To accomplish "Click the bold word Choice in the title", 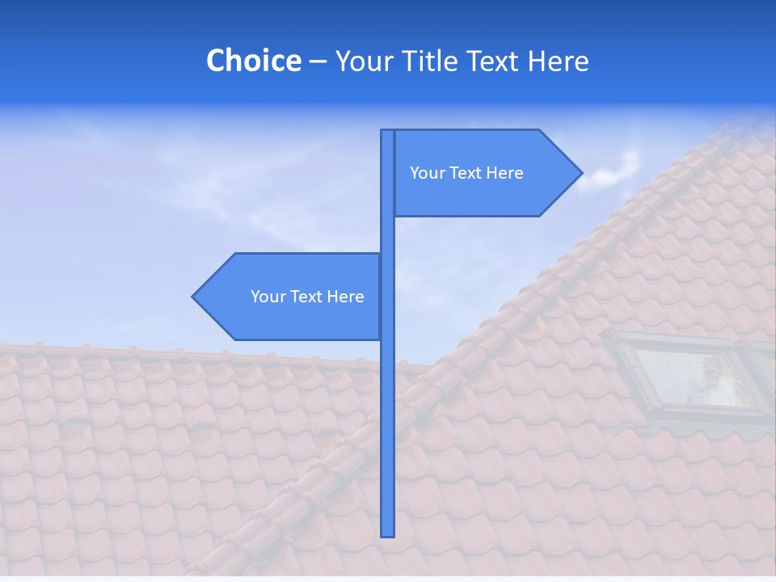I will [x=253, y=61].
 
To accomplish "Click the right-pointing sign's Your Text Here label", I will [x=466, y=173].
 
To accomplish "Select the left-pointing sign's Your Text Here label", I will [x=307, y=297].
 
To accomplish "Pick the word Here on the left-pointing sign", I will [x=345, y=297].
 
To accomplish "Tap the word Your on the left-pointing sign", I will [x=268, y=297].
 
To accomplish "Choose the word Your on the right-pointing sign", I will [x=428, y=173].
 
